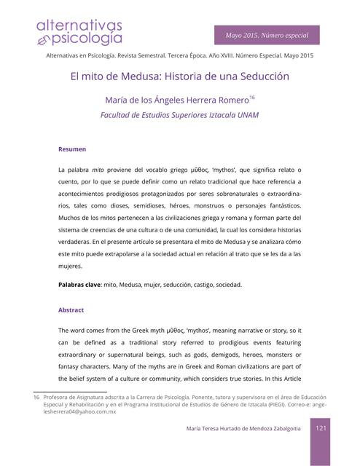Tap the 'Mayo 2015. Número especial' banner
tap(267, 35)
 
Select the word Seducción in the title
tap(263, 76)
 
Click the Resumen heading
tap(72, 149)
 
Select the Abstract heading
tap(71, 309)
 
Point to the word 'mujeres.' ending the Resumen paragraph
tap(71, 266)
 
